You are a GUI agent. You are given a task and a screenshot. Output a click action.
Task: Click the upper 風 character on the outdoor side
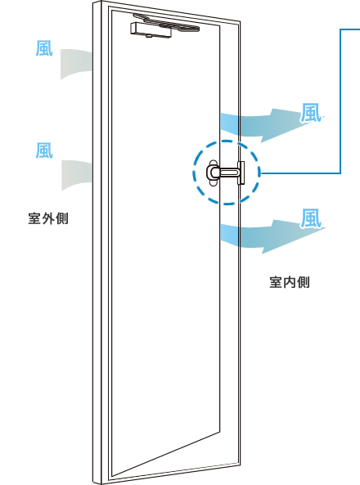click(44, 48)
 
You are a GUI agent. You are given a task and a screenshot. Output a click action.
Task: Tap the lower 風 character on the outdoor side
click(44, 150)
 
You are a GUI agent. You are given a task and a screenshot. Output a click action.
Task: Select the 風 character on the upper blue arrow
click(310, 113)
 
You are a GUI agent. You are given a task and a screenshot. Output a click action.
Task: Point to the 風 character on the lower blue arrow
click(310, 218)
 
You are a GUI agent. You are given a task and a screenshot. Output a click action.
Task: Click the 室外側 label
click(48, 218)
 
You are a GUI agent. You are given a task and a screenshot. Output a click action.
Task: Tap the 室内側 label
click(290, 282)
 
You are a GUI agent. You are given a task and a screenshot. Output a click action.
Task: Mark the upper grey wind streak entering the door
click(76, 64)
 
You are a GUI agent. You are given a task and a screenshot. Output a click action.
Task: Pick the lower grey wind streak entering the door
click(77, 175)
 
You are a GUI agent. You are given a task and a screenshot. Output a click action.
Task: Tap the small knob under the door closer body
click(150, 36)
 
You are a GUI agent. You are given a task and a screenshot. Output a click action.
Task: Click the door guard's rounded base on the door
click(213, 173)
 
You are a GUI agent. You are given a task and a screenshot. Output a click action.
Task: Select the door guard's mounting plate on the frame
click(241, 173)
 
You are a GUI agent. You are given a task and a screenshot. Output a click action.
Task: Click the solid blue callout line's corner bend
click(340, 173)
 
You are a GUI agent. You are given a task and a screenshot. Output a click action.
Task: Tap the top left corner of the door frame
click(93, 2)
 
